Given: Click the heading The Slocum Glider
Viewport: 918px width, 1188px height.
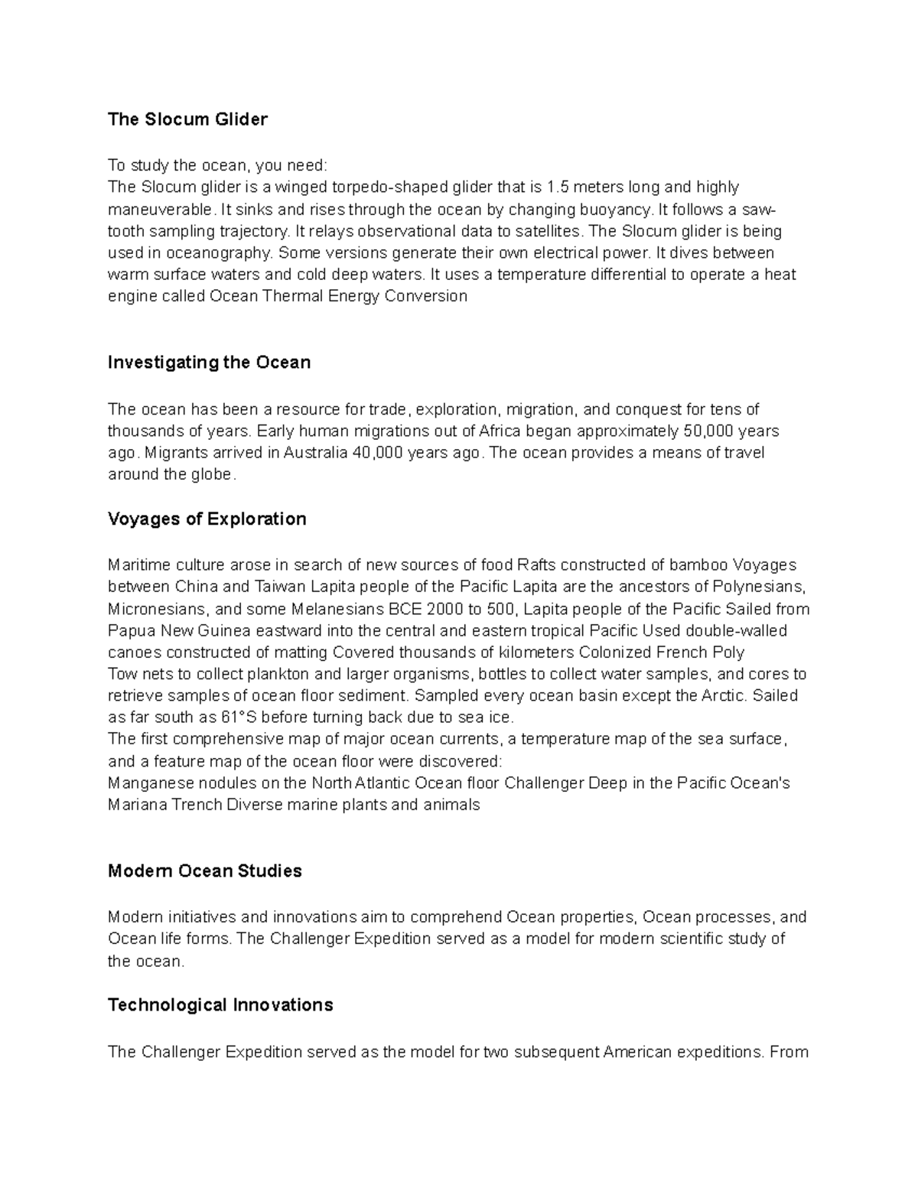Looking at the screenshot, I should point(187,119).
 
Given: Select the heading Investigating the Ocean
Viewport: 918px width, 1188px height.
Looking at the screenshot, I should point(209,363).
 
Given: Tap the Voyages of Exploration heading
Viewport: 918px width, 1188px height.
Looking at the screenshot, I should point(207,519).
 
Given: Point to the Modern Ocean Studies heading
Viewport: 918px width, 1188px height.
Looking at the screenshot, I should point(204,871).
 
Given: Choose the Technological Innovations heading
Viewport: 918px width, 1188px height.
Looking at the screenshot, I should point(220,1005).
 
